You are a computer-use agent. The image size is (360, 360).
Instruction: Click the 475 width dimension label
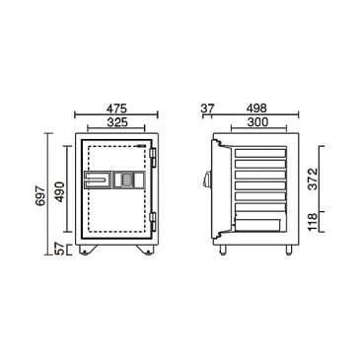point(116,108)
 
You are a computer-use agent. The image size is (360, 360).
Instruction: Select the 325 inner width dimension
point(117,122)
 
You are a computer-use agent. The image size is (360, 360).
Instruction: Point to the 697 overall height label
point(40,196)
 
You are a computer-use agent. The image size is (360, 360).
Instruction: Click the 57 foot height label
point(59,250)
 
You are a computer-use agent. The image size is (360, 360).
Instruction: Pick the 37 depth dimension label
point(208,108)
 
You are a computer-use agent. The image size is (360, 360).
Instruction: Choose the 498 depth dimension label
point(256,108)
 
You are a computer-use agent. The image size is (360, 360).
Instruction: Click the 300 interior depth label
point(258,122)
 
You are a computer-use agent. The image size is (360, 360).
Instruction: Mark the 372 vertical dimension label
point(314,179)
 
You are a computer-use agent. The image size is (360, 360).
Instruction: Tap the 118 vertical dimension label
point(314,222)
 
